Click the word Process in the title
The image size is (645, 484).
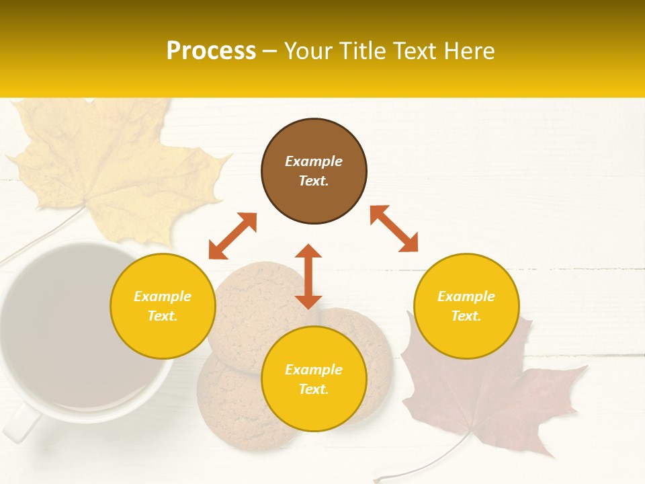(x=211, y=51)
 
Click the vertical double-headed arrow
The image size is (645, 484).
(x=308, y=276)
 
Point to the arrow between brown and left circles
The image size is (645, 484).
(x=232, y=236)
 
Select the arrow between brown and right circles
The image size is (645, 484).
(x=394, y=229)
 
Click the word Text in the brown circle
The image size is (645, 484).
(x=314, y=181)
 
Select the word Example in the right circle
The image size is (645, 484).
(x=466, y=296)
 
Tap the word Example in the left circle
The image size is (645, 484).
(x=163, y=296)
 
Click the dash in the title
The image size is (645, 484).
(x=269, y=52)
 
